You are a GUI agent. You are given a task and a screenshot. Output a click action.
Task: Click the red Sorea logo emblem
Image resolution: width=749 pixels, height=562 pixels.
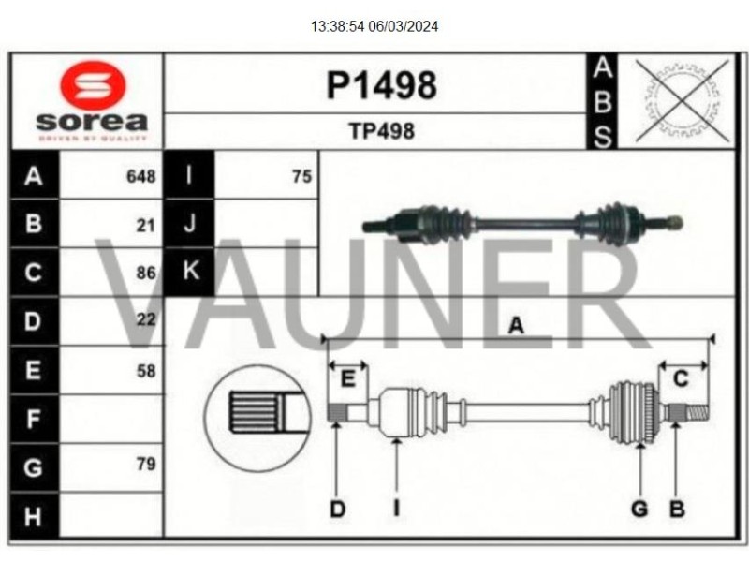(x=92, y=87)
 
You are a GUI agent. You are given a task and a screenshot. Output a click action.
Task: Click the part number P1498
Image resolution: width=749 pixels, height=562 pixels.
(x=381, y=85)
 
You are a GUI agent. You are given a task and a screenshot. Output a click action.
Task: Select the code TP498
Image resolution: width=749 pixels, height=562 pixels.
(x=381, y=131)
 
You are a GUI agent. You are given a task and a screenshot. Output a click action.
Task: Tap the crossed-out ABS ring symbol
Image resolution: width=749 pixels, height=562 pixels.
(x=682, y=101)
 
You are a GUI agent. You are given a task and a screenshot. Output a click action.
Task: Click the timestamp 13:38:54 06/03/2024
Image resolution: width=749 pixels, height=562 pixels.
(x=374, y=26)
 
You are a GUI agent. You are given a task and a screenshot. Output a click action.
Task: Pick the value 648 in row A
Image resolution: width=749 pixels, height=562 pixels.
(x=140, y=176)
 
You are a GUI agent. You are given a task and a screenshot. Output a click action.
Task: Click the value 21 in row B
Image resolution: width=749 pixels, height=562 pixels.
(x=145, y=225)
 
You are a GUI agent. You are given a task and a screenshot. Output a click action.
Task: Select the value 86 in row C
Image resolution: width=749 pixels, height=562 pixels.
(x=145, y=274)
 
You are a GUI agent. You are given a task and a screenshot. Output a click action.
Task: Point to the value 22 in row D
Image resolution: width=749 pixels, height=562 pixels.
(x=145, y=320)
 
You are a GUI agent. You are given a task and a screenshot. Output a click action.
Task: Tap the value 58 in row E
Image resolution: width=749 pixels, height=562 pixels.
(x=145, y=370)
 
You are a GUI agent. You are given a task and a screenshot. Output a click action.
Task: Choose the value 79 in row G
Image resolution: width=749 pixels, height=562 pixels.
(x=145, y=464)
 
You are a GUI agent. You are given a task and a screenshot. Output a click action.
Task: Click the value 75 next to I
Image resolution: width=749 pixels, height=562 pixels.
(x=301, y=176)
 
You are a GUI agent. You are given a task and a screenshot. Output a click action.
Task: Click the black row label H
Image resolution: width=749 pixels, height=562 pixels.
(x=34, y=514)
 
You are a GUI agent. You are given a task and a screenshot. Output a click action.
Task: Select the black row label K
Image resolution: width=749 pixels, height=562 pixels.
(x=190, y=272)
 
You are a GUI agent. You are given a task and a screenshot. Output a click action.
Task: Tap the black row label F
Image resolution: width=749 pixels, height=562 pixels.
(x=34, y=419)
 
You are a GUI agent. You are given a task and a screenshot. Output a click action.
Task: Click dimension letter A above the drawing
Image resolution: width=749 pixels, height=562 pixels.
(x=516, y=325)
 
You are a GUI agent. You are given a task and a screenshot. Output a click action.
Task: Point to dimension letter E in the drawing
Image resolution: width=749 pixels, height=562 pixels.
(x=347, y=379)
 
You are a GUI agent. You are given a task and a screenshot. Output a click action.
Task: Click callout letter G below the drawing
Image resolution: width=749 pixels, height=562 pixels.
(x=639, y=509)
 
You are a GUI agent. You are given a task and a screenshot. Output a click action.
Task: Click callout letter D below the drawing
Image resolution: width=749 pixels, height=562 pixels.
(x=337, y=509)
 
